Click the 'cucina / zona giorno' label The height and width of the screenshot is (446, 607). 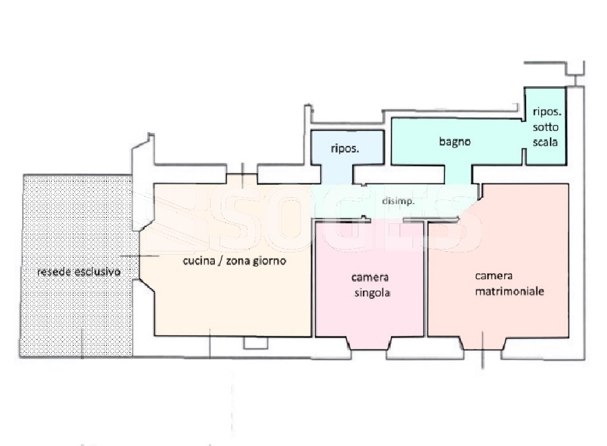point(234,261)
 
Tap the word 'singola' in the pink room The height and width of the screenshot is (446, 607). point(372,292)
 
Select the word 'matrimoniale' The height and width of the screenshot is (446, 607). point(509,291)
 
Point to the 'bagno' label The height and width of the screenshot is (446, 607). point(455,142)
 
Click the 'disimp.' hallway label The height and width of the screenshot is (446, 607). point(398,201)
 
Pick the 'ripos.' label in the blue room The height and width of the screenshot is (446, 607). point(345,149)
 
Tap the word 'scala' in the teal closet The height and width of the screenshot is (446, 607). point(545,142)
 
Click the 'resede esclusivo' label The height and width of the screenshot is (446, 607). point(79,272)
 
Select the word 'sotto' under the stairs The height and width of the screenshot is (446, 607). point(546,127)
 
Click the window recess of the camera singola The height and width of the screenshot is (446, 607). point(369,344)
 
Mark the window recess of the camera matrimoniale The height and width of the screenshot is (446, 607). point(483,344)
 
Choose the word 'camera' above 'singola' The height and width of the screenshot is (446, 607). point(370,277)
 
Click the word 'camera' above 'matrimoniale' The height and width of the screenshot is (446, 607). point(493,276)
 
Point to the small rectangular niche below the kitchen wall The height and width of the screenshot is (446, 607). point(256,342)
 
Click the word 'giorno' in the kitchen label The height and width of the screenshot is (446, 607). point(270,261)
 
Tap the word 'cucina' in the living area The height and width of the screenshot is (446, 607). point(199,261)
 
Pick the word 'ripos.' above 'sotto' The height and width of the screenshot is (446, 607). point(547,112)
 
